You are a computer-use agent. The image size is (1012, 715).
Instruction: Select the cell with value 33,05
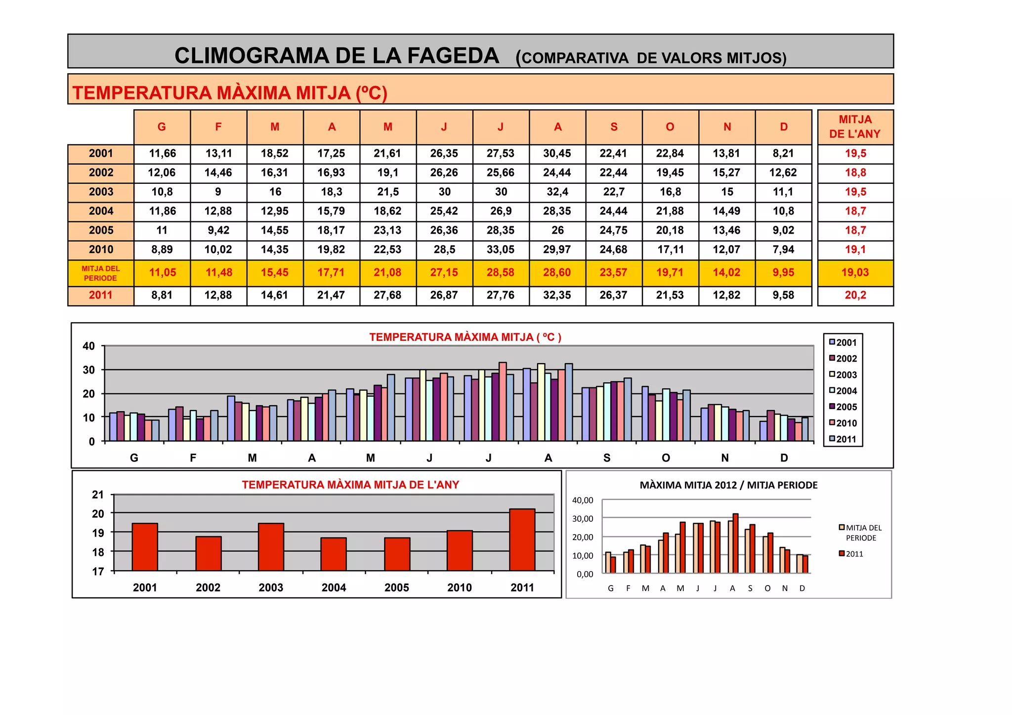coord(501,250)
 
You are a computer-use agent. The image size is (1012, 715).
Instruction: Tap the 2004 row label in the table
coord(101,211)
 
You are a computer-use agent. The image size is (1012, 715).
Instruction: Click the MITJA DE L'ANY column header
coord(855,127)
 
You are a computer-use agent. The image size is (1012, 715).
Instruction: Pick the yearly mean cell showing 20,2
coord(855,295)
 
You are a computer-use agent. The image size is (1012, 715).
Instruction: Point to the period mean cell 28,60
coord(557,272)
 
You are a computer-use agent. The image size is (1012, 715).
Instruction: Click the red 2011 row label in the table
coord(101,295)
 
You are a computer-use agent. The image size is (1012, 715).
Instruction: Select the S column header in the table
coord(614,127)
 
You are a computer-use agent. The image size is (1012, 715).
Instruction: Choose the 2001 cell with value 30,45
coord(557,153)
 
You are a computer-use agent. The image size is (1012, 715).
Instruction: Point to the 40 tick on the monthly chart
coord(89,346)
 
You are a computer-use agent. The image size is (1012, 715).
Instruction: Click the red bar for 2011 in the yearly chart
coord(522,540)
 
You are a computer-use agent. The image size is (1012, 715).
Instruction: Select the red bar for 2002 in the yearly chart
coord(208,553)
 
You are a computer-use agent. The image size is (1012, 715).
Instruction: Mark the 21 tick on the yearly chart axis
coord(98,495)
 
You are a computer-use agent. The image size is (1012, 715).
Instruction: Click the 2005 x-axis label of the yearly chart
coord(397,588)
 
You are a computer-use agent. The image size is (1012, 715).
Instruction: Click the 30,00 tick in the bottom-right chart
coord(583,518)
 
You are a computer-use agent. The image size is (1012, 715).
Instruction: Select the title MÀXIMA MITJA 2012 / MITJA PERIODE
coord(728,485)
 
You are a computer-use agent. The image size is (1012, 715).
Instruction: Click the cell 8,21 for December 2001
coord(783,153)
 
